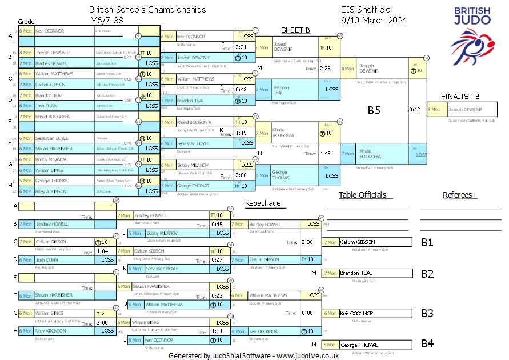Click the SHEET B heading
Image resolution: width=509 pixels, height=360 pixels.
click(295, 30)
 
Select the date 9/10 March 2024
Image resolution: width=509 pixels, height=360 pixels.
click(374, 20)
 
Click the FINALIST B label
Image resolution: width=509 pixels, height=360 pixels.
click(460, 97)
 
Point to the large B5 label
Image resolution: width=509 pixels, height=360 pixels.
click(374, 110)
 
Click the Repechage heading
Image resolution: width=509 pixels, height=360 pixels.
click(263, 203)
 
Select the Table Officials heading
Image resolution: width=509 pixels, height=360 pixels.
click(362, 195)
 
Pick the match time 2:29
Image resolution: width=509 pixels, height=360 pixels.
click(325, 69)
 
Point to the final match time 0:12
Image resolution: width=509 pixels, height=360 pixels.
click(415, 109)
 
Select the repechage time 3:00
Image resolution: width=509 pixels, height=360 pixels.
click(103, 323)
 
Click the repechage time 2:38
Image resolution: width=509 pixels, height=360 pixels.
click(307, 242)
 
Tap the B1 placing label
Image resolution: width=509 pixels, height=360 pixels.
click(427, 242)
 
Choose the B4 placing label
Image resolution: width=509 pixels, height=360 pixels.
click(427, 345)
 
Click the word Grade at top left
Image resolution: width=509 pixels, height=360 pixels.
click(26, 21)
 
